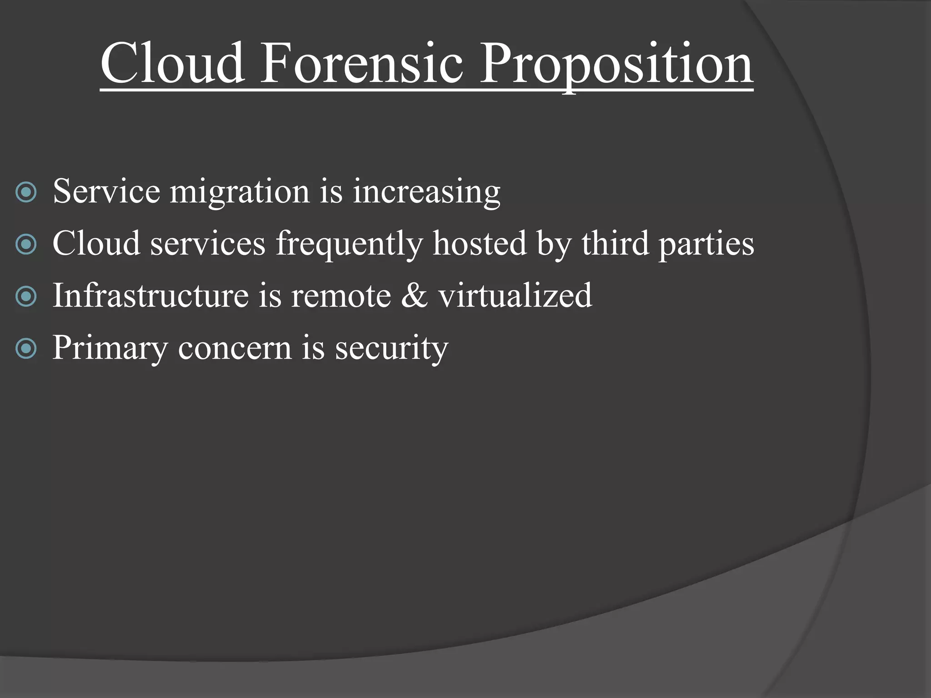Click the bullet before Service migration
[26, 192]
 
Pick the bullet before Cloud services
[26, 244]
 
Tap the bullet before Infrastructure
[26, 297]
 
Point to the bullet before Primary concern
[26, 349]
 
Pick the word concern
[235, 348]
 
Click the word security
[391, 348]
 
